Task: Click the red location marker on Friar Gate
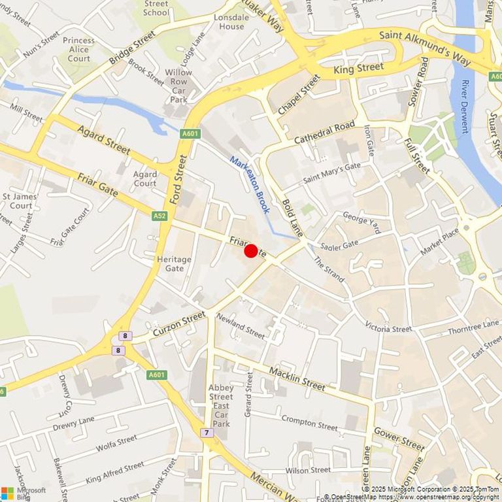pos(250,251)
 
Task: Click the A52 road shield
pos(160,214)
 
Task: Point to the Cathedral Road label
pos(324,132)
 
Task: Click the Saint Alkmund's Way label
pos(425,46)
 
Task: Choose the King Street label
pos(358,67)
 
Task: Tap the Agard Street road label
pos(103,139)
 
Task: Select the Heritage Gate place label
pos(175,263)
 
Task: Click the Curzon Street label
pos(178,324)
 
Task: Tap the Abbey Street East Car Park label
pos(221,405)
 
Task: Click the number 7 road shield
pos(207,433)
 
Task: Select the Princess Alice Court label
pos(79,49)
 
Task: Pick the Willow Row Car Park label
pos(178,86)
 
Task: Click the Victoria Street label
pos(388,327)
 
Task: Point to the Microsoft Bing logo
pos(24,493)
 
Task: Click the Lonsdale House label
pos(229,21)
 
